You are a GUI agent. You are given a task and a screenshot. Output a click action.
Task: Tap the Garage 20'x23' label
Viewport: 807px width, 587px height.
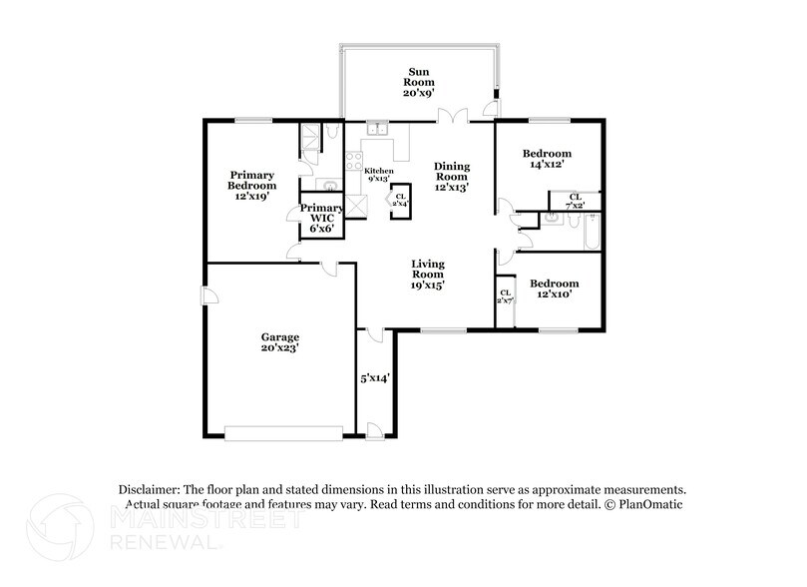tap(280, 342)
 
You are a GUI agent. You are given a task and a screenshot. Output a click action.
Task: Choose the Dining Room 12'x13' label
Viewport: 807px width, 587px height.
tap(451, 176)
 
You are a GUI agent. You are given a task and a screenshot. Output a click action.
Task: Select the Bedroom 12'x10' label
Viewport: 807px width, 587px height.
tap(554, 289)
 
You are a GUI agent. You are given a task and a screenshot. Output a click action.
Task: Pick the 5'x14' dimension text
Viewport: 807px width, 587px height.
tap(374, 378)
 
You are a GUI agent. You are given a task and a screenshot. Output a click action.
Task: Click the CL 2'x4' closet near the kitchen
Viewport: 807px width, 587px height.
tap(400, 199)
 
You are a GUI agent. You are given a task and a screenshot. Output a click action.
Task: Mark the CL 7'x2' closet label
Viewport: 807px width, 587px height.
tap(577, 201)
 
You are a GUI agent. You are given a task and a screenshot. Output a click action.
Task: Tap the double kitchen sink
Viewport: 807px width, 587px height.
tap(377, 128)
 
